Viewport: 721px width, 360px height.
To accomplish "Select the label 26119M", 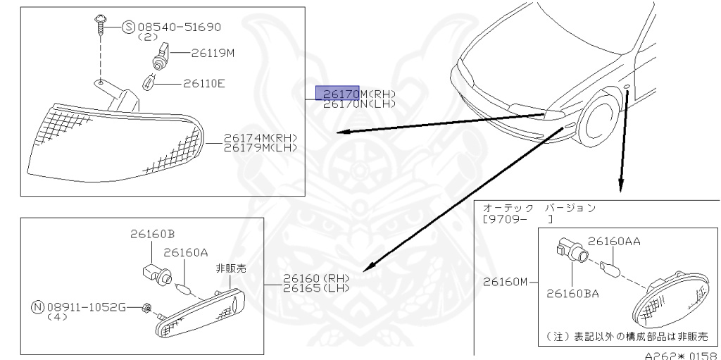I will tap(213, 52).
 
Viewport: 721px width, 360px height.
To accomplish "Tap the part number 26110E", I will tap(204, 83).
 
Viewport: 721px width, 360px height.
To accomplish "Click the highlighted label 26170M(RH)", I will tap(359, 94).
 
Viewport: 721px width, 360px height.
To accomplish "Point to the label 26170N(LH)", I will tap(359, 104).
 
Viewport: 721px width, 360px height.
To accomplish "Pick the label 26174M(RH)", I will tap(260, 137).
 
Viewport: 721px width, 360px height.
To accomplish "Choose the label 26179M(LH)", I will tap(260, 147).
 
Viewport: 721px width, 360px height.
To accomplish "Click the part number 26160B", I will tap(152, 234).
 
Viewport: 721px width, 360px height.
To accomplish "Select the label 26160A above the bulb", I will tap(186, 252).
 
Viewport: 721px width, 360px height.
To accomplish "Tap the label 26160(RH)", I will tap(316, 278).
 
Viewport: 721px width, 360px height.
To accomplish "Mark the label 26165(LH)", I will tap(316, 288).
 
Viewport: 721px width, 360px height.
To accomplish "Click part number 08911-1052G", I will tap(87, 307).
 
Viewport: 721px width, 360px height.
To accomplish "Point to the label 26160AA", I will tap(614, 241).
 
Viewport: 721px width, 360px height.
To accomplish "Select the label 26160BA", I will tap(572, 293).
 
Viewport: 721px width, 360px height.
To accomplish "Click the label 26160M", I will tap(505, 282).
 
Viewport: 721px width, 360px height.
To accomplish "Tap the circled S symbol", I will tap(128, 27).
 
